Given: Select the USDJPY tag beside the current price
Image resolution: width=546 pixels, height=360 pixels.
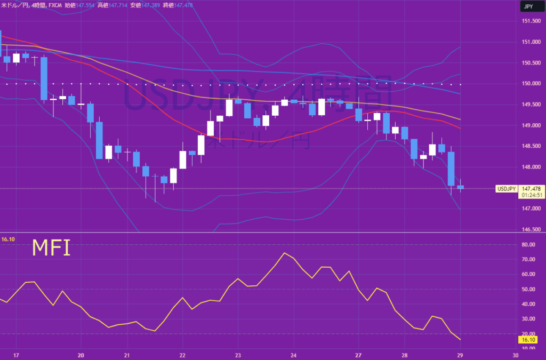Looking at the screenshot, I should pyautogui.click(x=506, y=189).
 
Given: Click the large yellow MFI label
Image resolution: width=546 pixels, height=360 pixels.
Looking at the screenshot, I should pyautogui.click(x=51, y=248).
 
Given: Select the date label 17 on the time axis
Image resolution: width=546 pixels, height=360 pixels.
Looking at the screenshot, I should pyautogui.click(x=16, y=355).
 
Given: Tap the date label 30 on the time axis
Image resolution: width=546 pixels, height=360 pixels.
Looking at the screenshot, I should pyautogui.click(x=515, y=355).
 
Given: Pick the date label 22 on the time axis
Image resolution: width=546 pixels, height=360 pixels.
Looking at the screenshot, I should pyautogui.click(x=182, y=355).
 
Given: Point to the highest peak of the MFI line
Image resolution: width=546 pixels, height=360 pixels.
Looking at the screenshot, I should pyautogui.click(x=284, y=253).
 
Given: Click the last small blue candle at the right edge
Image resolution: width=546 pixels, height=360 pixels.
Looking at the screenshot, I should pyautogui.click(x=460, y=187).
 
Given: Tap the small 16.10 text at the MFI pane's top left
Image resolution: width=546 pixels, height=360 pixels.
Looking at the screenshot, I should pyautogui.click(x=7, y=240).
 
